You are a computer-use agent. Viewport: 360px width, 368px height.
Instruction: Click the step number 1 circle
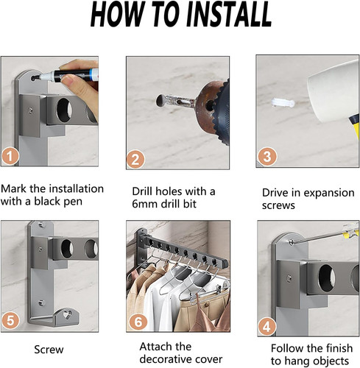coord(10,156)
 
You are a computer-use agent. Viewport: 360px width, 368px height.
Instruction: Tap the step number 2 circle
coord(135,159)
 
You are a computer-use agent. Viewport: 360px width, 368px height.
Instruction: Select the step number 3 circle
coord(267,156)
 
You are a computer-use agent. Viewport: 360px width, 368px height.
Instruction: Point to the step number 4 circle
coord(267,327)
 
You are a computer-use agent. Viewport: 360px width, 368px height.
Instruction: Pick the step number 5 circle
coord(10,320)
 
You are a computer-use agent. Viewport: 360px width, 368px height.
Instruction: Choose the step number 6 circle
coord(138,322)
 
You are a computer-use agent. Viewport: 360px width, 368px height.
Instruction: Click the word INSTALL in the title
coord(229,14)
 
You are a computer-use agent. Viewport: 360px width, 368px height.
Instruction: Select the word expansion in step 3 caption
coord(329,194)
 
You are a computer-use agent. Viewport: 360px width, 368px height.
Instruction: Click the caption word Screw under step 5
coord(49,350)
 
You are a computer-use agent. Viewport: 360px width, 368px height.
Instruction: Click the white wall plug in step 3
coord(283,102)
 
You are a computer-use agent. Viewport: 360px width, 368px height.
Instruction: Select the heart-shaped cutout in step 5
coord(68,314)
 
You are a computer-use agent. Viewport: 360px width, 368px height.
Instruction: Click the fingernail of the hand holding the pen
coord(67,79)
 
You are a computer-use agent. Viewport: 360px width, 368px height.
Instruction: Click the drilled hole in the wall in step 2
coord(160,101)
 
